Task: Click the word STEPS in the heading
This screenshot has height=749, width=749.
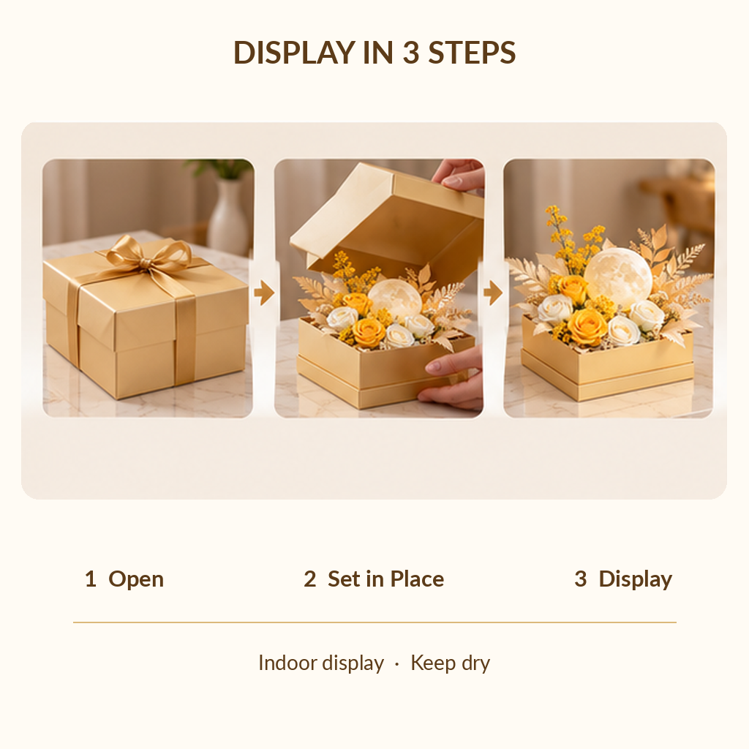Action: (x=472, y=53)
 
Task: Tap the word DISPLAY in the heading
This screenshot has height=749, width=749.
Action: (x=294, y=53)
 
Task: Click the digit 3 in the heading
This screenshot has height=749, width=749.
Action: (x=410, y=53)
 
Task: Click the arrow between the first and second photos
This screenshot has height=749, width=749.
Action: (x=264, y=293)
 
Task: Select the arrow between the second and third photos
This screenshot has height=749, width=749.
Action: (x=493, y=293)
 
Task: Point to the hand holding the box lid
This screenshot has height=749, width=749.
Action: (x=459, y=175)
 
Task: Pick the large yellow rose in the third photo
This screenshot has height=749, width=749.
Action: (x=587, y=327)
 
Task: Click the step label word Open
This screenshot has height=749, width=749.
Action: (x=136, y=579)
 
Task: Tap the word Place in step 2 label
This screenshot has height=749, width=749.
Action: (x=417, y=579)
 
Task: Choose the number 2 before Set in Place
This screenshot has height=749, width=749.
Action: (x=310, y=579)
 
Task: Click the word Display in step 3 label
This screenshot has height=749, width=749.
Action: (x=636, y=579)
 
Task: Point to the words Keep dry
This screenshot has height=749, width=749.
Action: (x=451, y=663)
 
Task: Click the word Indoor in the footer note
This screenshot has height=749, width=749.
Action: (x=287, y=663)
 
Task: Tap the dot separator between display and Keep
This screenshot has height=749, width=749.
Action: (x=397, y=664)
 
